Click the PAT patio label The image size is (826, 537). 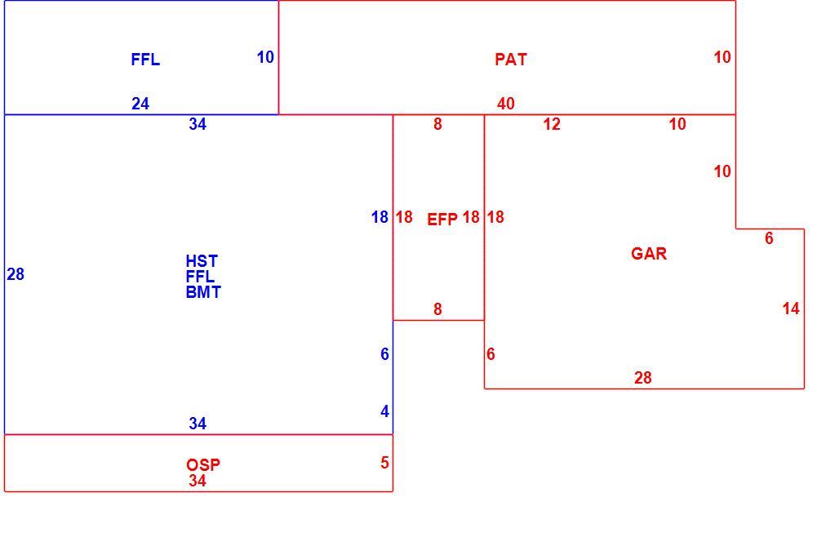click(510, 60)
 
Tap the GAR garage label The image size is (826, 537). click(648, 254)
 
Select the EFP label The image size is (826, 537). click(442, 220)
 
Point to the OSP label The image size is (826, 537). click(202, 465)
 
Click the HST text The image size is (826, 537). click(202, 261)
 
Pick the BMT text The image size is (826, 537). click(202, 292)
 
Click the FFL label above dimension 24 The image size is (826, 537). click(144, 60)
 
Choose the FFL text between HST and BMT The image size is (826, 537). click(200, 277)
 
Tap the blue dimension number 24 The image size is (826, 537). click(140, 104)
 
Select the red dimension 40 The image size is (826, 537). click(506, 104)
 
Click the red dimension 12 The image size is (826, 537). click(552, 124)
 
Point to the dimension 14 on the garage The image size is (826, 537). click(791, 308)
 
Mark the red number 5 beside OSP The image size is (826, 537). click(384, 463)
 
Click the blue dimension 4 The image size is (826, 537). click(384, 411)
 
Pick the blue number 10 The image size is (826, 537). click(265, 57)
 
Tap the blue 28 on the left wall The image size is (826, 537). click(16, 274)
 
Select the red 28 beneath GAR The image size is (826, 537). click(642, 378)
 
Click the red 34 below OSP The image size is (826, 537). click(198, 481)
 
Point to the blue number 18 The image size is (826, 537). click(380, 217)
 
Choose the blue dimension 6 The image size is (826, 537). click(384, 354)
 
